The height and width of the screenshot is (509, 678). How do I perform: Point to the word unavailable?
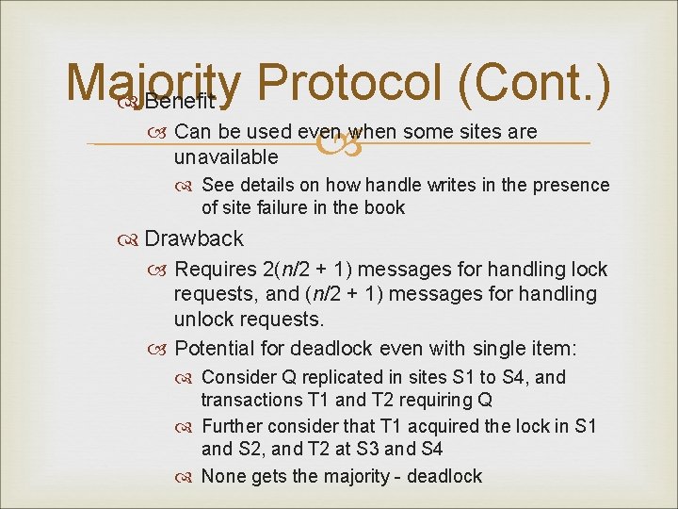click(226, 156)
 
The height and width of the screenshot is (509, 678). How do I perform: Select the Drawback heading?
click(194, 238)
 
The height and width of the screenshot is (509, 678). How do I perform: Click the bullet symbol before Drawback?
click(129, 239)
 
